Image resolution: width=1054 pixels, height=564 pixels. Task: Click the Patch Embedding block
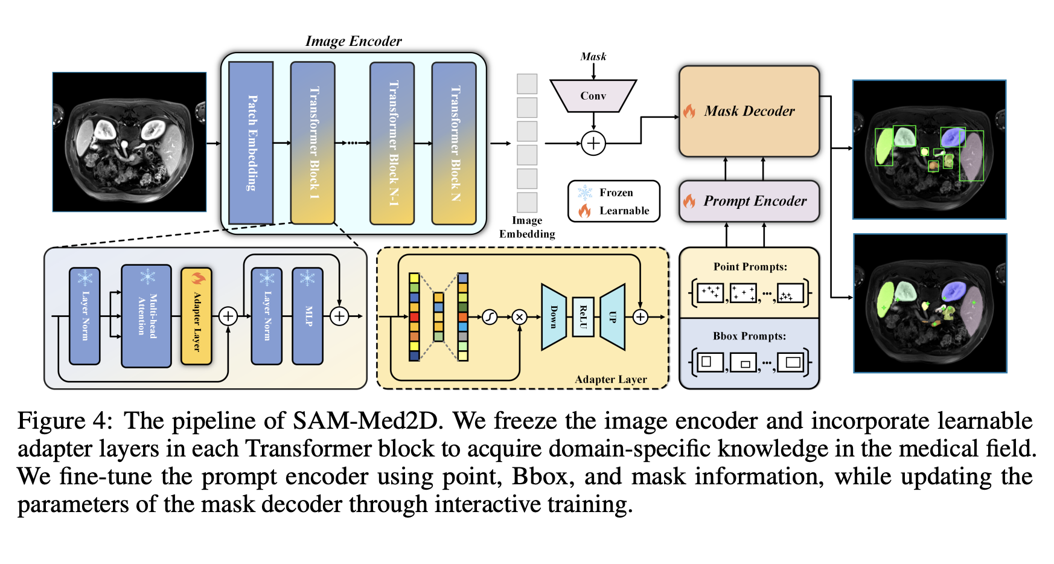(x=251, y=143)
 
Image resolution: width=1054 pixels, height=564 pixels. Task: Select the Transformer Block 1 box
(x=313, y=143)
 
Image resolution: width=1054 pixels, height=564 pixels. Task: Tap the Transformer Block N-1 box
(x=392, y=143)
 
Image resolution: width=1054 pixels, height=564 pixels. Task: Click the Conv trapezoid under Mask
(x=593, y=96)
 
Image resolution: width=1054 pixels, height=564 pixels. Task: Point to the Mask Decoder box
(x=749, y=111)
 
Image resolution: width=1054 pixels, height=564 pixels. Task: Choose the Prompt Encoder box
(x=749, y=201)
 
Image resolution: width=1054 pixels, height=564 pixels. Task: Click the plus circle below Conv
(x=593, y=143)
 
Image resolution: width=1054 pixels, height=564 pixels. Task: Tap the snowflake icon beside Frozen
(x=584, y=193)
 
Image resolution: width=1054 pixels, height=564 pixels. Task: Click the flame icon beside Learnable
(x=584, y=211)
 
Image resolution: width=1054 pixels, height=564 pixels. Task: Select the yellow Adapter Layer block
(x=196, y=316)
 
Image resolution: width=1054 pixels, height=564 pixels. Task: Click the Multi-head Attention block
(x=146, y=316)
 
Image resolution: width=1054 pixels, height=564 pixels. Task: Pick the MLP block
(x=308, y=316)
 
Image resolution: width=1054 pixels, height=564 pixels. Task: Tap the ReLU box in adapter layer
(x=583, y=316)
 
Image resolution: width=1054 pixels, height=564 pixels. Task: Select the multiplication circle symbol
(x=519, y=316)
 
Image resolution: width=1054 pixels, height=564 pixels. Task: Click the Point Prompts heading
(x=750, y=267)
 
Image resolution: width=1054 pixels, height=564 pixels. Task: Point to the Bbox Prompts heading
(x=749, y=336)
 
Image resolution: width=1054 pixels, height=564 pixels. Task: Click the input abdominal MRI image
(x=129, y=142)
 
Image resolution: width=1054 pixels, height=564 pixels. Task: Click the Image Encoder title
(x=353, y=41)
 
